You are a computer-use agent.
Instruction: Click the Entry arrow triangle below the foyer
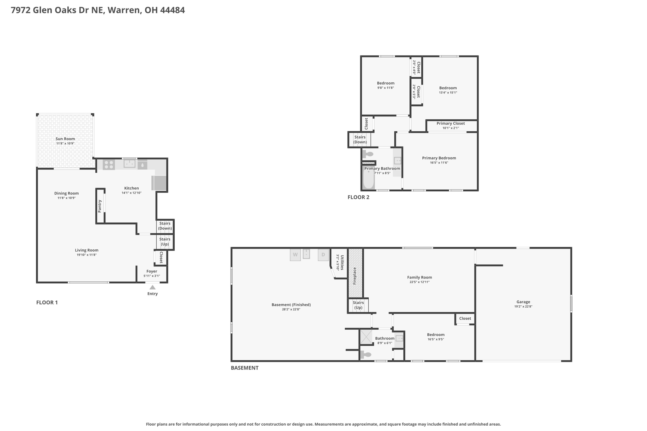(153, 287)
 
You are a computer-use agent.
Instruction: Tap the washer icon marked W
(295, 255)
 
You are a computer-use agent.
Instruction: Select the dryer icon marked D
(323, 255)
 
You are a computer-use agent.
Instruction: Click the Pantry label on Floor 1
(100, 206)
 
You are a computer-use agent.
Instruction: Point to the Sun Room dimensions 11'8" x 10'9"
(65, 143)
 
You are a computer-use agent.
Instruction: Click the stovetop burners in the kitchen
(109, 165)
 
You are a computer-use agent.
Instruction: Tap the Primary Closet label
(450, 123)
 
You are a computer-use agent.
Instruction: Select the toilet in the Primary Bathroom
(368, 154)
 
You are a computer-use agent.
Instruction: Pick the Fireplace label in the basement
(355, 276)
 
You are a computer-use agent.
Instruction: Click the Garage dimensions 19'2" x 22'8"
(523, 306)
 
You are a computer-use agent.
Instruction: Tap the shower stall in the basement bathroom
(366, 337)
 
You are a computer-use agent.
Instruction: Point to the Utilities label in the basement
(342, 262)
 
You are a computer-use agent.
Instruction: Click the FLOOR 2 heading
(358, 197)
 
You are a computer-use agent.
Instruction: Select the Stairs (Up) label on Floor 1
(165, 242)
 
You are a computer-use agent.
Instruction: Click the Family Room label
(420, 278)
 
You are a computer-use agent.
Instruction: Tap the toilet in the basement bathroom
(366, 355)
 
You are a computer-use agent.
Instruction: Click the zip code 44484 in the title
(172, 10)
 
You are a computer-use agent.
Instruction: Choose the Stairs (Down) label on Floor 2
(360, 140)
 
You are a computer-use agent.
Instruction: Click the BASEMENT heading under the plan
(245, 368)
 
